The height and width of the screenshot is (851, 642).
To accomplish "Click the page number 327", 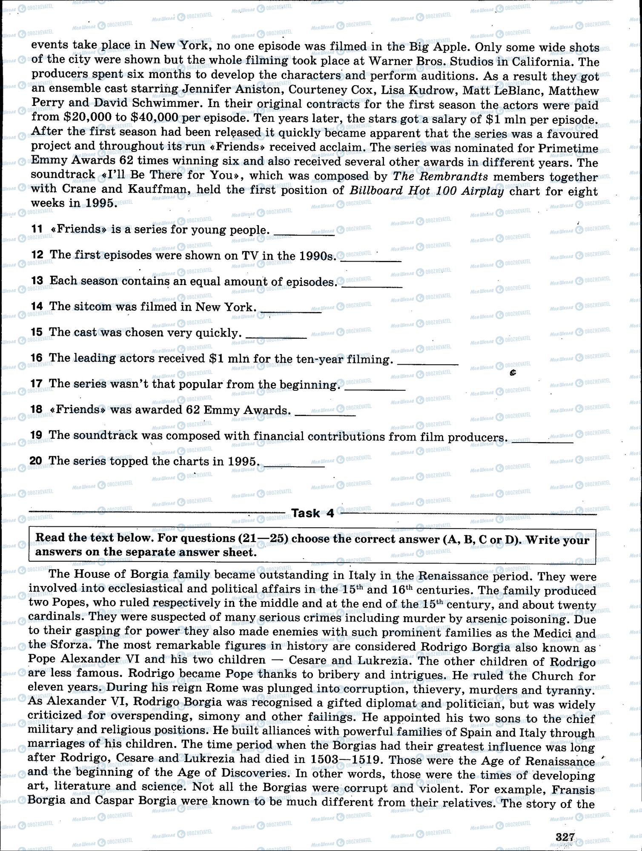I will tap(565, 836).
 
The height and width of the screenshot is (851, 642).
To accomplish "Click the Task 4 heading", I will tap(312, 513).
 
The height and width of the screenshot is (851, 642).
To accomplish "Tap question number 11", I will tap(37, 229).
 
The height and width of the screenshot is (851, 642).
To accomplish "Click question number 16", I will tap(37, 358).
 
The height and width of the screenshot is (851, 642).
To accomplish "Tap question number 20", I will tap(37, 461).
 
